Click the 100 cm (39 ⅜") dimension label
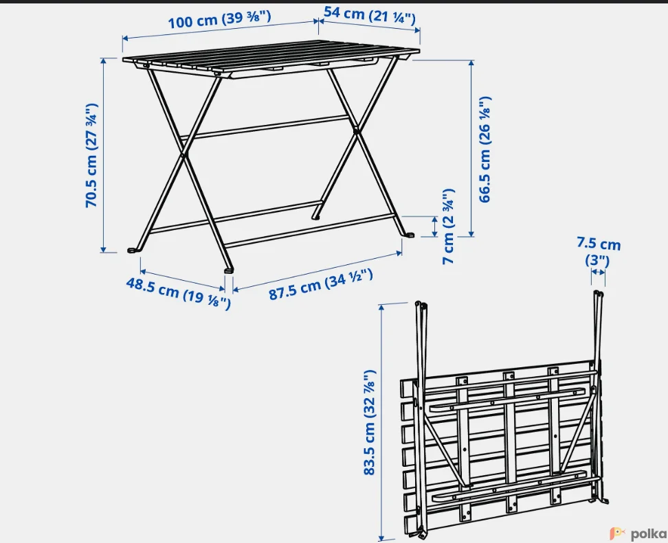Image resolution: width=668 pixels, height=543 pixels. point(219,20)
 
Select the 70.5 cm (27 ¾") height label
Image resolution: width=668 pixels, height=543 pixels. point(92,155)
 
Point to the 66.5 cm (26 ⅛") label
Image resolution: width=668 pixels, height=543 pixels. point(485,150)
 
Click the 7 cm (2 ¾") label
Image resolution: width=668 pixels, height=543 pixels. point(448,226)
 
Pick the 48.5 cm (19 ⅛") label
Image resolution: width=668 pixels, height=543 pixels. point(178,293)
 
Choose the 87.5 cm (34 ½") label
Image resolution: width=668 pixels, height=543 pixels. point(320,284)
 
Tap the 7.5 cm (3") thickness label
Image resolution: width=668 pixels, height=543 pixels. point(599,251)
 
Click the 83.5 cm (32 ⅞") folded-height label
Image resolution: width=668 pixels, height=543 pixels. point(369,422)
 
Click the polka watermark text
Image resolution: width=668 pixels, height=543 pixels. point(648,533)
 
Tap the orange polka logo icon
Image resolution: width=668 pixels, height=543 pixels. point(618,533)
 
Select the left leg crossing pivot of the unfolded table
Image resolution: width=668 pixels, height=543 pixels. point(184,155)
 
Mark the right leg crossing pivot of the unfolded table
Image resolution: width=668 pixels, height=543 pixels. point(356,130)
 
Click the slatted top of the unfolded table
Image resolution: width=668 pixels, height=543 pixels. point(271,58)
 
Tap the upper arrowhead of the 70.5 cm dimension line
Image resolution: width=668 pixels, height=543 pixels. point(103,61)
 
